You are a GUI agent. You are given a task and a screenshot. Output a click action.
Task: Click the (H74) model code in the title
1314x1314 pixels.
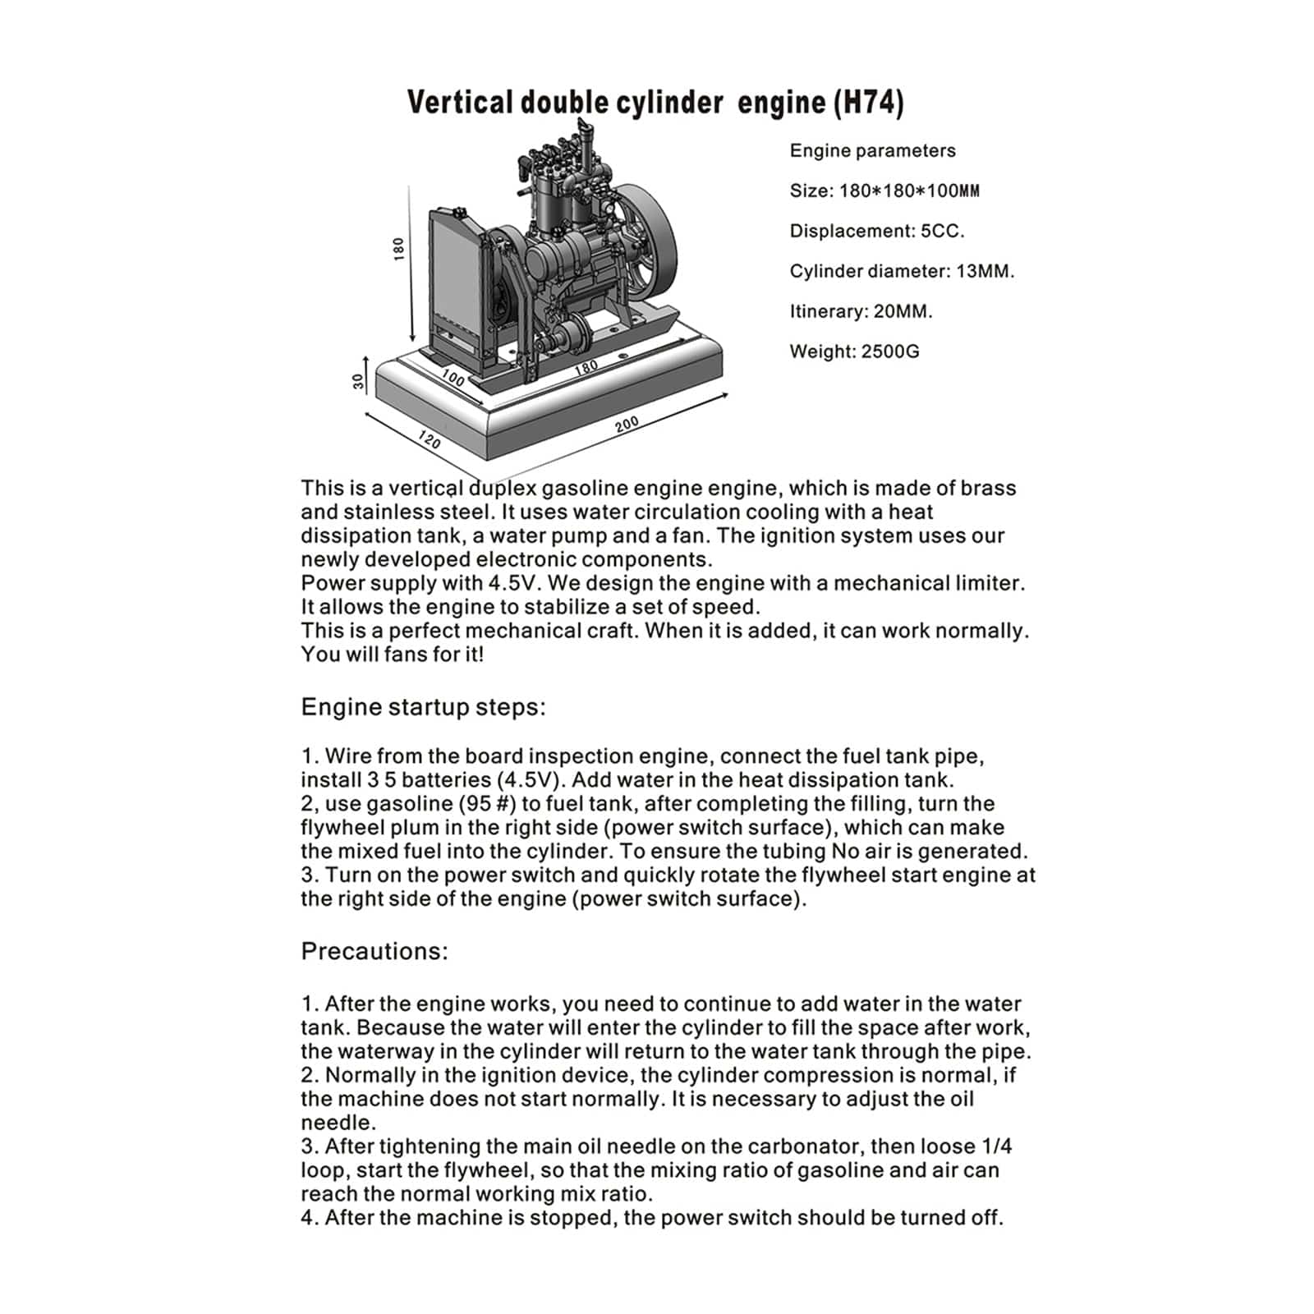click(868, 103)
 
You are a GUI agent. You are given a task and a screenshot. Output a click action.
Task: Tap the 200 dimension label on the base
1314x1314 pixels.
click(627, 425)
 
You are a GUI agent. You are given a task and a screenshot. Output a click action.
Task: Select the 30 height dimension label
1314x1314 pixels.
click(357, 381)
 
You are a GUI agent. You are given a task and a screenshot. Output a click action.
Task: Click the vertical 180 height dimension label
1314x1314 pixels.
click(399, 249)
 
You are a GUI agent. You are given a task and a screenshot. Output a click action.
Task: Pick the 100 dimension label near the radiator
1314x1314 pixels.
click(453, 377)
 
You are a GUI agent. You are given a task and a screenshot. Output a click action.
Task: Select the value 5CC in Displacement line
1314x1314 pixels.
click(942, 231)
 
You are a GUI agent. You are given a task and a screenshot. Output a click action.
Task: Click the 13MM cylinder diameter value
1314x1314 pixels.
click(985, 271)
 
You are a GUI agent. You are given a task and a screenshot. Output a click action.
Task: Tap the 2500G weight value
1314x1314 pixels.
click(890, 351)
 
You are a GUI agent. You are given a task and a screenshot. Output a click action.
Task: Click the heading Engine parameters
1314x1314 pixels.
click(872, 150)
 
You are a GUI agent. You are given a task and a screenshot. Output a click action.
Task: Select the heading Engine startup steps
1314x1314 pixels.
click(423, 707)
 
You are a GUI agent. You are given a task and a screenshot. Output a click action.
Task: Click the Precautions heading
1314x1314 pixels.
click(374, 951)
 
